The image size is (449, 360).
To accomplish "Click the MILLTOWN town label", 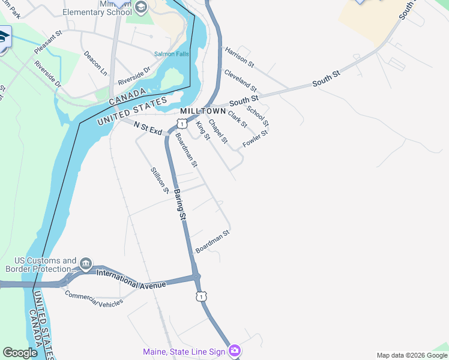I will coord(202,112).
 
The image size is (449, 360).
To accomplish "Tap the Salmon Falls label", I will coord(171,54).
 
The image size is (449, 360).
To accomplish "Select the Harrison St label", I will coord(240,56).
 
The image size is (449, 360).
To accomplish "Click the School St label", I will coord(258,116).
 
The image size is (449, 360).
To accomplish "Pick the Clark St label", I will coord(237,119).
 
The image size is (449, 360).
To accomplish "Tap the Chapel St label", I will coord(217,131).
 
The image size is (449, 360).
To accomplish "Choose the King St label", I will coord(203,131).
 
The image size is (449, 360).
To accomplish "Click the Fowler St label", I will coord(255,139).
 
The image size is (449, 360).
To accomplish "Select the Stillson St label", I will coord(160,181).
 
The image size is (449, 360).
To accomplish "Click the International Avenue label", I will coord(130,278).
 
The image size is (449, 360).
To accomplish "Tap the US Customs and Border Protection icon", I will coord(86,263).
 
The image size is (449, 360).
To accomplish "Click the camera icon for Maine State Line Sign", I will coord(235,350).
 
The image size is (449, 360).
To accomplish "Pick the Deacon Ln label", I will coord(95,63).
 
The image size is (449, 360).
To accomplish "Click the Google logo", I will coord(20,353).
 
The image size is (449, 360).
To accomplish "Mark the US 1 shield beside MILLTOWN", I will coord(181,124).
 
